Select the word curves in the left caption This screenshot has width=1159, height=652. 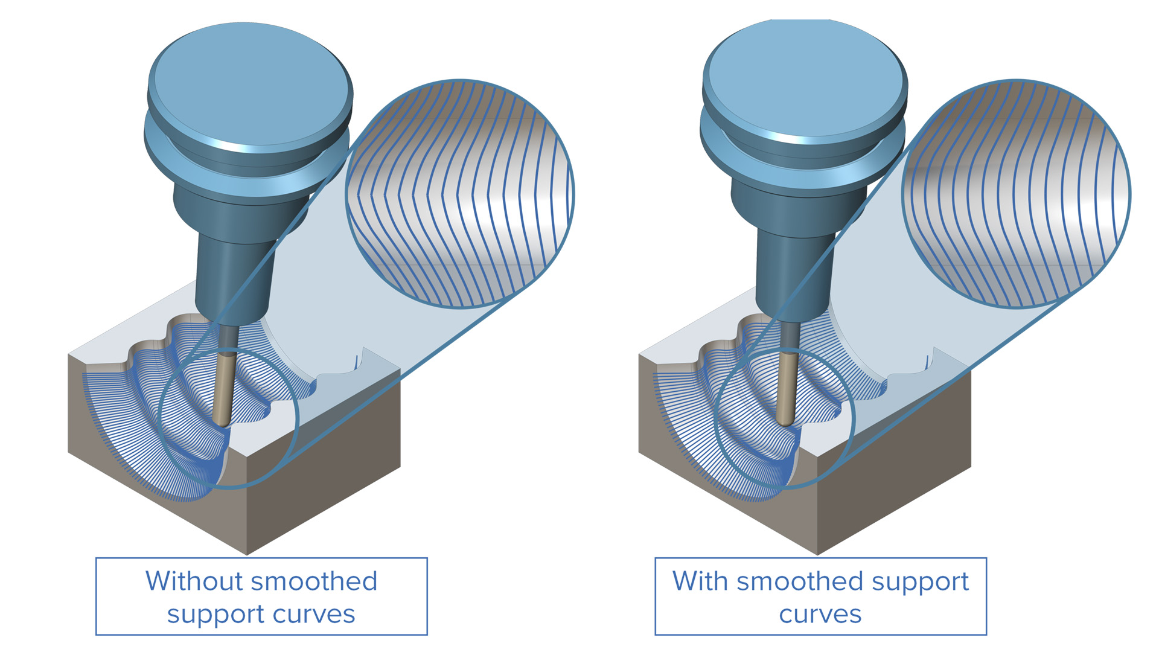314,615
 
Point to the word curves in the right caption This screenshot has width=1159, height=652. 820,615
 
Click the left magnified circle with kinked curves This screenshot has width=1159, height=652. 460,194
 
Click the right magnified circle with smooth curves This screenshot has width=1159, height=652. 1016,194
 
